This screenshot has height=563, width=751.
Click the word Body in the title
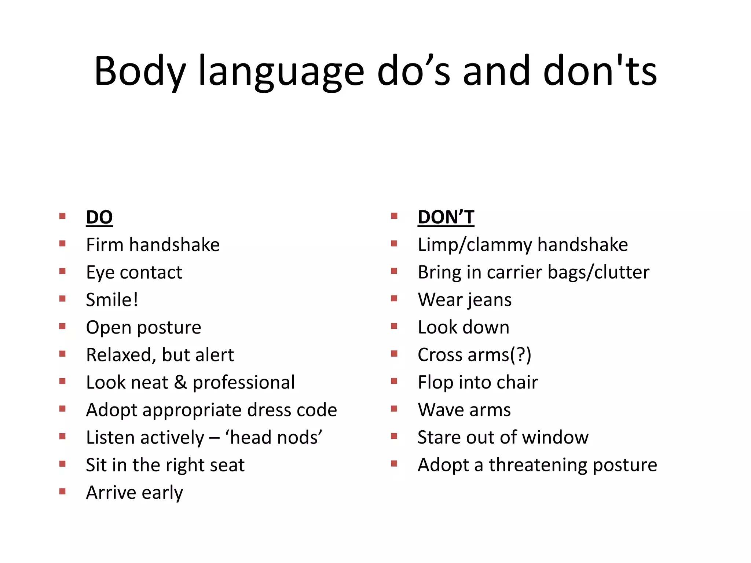pos(140,71)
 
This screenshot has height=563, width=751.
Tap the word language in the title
pos(281,71)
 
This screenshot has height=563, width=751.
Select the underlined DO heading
pos(99,217)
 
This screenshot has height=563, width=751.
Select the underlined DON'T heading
pos(446,217)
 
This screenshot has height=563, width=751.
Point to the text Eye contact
pos(134,272)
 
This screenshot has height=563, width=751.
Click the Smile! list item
pos(112,300)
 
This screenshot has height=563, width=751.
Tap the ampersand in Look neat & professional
pos(180,382)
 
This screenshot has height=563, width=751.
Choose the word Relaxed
pos(119,355)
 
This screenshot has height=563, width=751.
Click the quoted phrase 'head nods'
pos(274,437)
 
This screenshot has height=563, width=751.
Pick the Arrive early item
pos(134,492)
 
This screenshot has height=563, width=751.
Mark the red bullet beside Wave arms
pos(394,409)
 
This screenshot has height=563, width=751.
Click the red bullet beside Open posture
pos(62,326)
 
